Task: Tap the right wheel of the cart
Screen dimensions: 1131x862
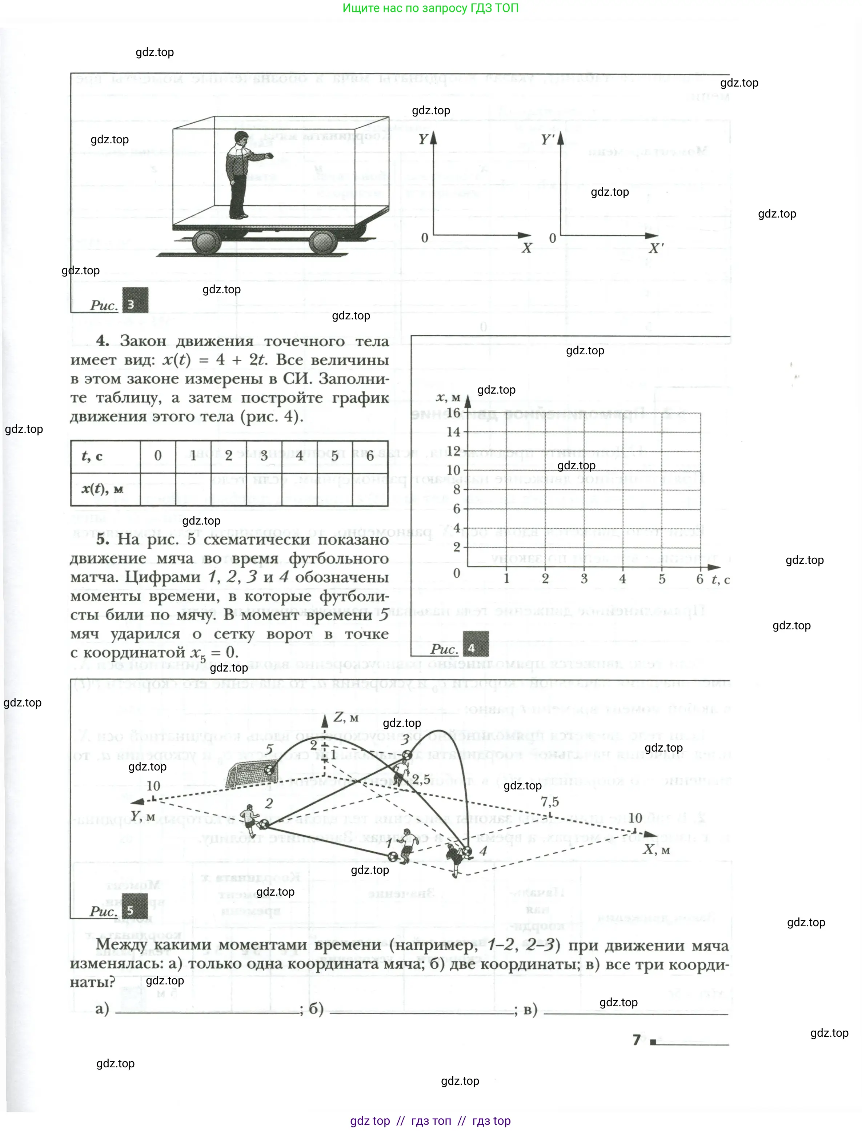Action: coord(323,242)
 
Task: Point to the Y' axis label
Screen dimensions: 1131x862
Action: coord(548,140)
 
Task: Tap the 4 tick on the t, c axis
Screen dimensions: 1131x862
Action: coord(622,578)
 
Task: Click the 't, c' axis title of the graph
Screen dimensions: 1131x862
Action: coord(720,580)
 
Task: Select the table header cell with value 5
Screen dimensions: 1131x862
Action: coord(334,455)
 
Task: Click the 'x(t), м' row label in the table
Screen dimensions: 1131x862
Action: coord(103,489)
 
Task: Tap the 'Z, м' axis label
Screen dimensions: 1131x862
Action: coord(346,717)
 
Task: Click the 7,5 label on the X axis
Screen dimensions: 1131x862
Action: coord(550,801)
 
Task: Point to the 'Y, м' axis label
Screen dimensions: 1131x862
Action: coord(143,816)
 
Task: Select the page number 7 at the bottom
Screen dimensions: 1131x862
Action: coord(636,1040)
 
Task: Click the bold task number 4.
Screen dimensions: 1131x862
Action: coord(103,341)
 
